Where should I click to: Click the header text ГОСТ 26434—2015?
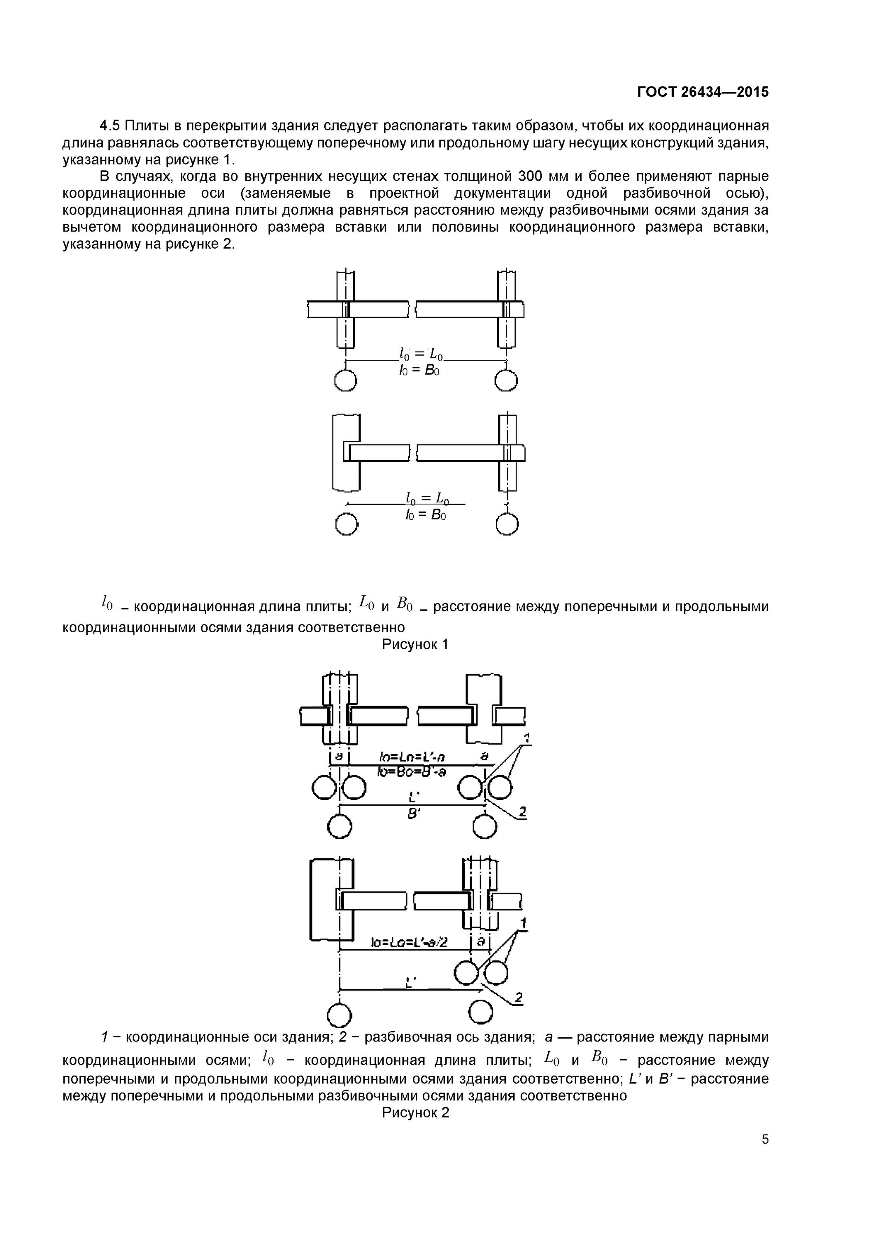point(703,92)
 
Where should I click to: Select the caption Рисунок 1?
point(415,644)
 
